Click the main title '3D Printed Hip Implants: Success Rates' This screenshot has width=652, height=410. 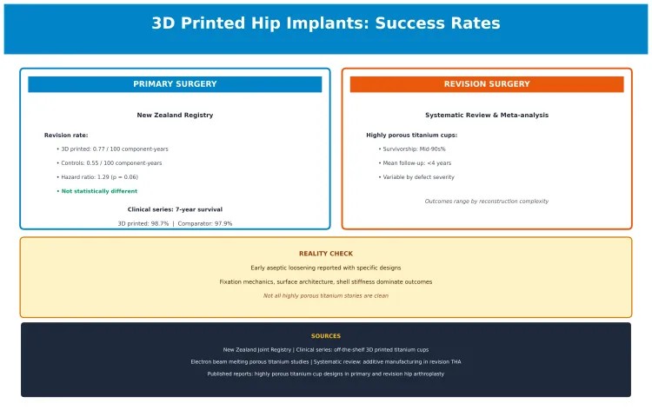(326, 23)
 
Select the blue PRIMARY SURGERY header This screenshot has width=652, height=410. (175, 84)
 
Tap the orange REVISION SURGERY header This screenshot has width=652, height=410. (486, 84)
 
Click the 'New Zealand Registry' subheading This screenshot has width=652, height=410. (175, 115)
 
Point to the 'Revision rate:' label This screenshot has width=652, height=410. (66, 136)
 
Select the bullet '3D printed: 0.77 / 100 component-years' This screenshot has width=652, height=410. (114, 149)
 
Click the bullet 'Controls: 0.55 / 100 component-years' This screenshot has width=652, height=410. (110, 163)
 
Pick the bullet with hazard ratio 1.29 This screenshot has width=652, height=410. (99, 177)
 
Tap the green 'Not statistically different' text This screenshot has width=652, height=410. (98, 191)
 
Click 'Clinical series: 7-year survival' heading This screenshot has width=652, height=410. (175, 209)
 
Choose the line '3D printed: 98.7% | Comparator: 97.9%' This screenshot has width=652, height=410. (175, 223)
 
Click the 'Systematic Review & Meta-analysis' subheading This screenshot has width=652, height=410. (486, 115)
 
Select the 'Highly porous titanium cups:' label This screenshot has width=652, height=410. (411, 136)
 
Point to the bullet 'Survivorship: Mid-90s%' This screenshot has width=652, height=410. (412, 149)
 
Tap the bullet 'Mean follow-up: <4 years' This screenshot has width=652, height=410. (415, 163)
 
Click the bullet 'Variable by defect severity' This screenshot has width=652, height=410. (416, 177)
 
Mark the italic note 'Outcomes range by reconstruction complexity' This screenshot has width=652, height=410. (486, 201)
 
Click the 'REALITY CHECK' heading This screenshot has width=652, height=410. (326, 254)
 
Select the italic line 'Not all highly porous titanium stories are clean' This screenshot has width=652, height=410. (326, 295)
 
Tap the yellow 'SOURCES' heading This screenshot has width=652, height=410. (326, 336)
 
